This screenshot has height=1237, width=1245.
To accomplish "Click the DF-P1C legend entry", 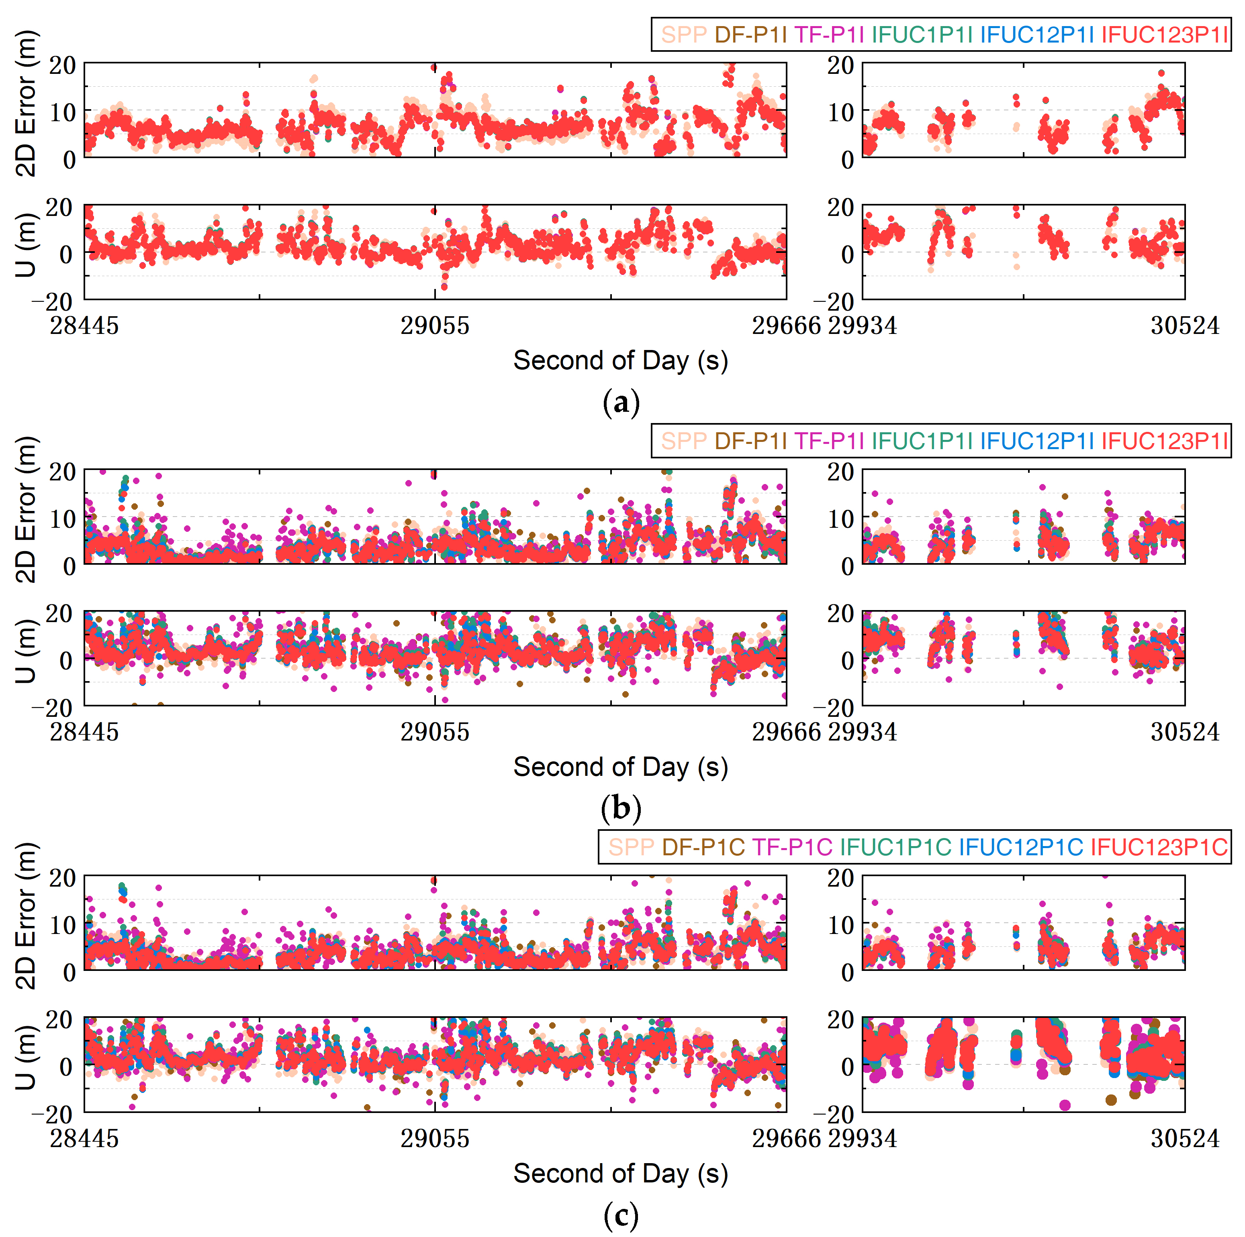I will (703, 847).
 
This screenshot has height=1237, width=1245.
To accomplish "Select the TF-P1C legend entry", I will (792, 847).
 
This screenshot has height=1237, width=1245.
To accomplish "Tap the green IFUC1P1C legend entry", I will (895, 847).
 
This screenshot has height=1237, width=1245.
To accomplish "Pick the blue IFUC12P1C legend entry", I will (1021, 847).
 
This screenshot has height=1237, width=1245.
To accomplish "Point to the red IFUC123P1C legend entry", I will (1159, 847).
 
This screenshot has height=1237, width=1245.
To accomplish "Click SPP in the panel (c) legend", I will (631, 847).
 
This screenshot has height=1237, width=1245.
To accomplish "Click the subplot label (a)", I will (621, 403).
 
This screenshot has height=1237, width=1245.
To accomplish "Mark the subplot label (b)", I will (621, 809).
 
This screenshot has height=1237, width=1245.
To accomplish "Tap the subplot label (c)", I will (621, 1215).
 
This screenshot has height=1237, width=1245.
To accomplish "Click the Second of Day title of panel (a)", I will (621, 360).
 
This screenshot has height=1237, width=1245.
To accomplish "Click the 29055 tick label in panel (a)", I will (435, 326).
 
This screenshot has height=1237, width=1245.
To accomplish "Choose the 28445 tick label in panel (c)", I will (84, 1139).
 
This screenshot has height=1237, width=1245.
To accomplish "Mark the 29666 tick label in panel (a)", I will (786, 326).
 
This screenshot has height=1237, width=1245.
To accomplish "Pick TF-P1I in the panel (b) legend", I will (829, 441).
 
